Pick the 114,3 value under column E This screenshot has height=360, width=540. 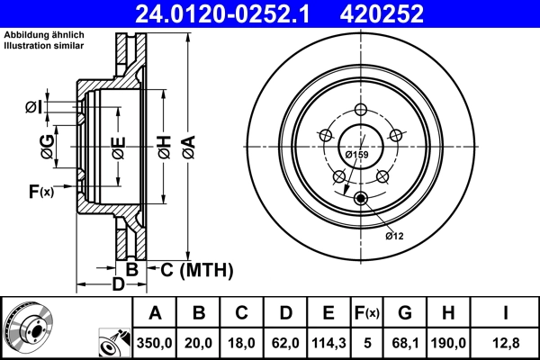[328, 342]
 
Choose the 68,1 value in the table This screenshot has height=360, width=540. [405, 342]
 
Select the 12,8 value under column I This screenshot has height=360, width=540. [507, 342]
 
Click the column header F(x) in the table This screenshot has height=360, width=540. [366, 313]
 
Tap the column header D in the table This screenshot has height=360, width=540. [286, 313]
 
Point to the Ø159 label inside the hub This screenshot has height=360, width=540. [357, 154]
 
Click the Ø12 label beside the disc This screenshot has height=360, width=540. [395, 236]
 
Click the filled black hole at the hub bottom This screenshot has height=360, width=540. [360, 199]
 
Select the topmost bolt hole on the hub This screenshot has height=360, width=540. [360, 109]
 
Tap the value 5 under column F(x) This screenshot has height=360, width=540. [366, 342]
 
